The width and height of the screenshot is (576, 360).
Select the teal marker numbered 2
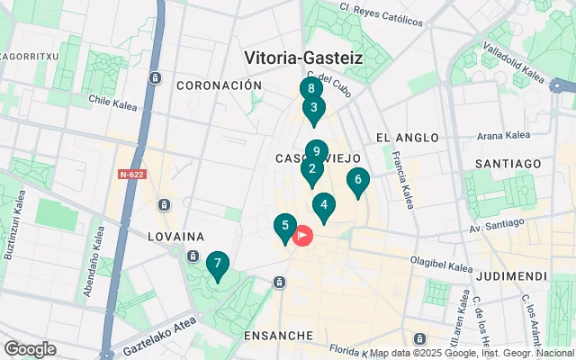click(312, 169)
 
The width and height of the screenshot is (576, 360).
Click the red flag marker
click(302, 236)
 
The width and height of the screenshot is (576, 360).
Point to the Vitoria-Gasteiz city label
click(303, 58)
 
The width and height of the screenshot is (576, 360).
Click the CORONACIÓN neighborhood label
click(219, 85)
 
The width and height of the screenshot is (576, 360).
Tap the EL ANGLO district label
click(407, 138)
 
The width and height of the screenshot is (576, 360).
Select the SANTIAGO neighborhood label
click(509, 163)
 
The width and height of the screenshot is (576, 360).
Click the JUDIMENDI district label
click(512, 275)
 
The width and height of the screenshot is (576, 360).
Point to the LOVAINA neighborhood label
click(176, 237)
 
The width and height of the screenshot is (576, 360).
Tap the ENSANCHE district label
click(278, 335)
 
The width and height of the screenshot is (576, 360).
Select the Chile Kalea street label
click(112, 102)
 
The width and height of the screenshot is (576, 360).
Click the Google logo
click(30, 349)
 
